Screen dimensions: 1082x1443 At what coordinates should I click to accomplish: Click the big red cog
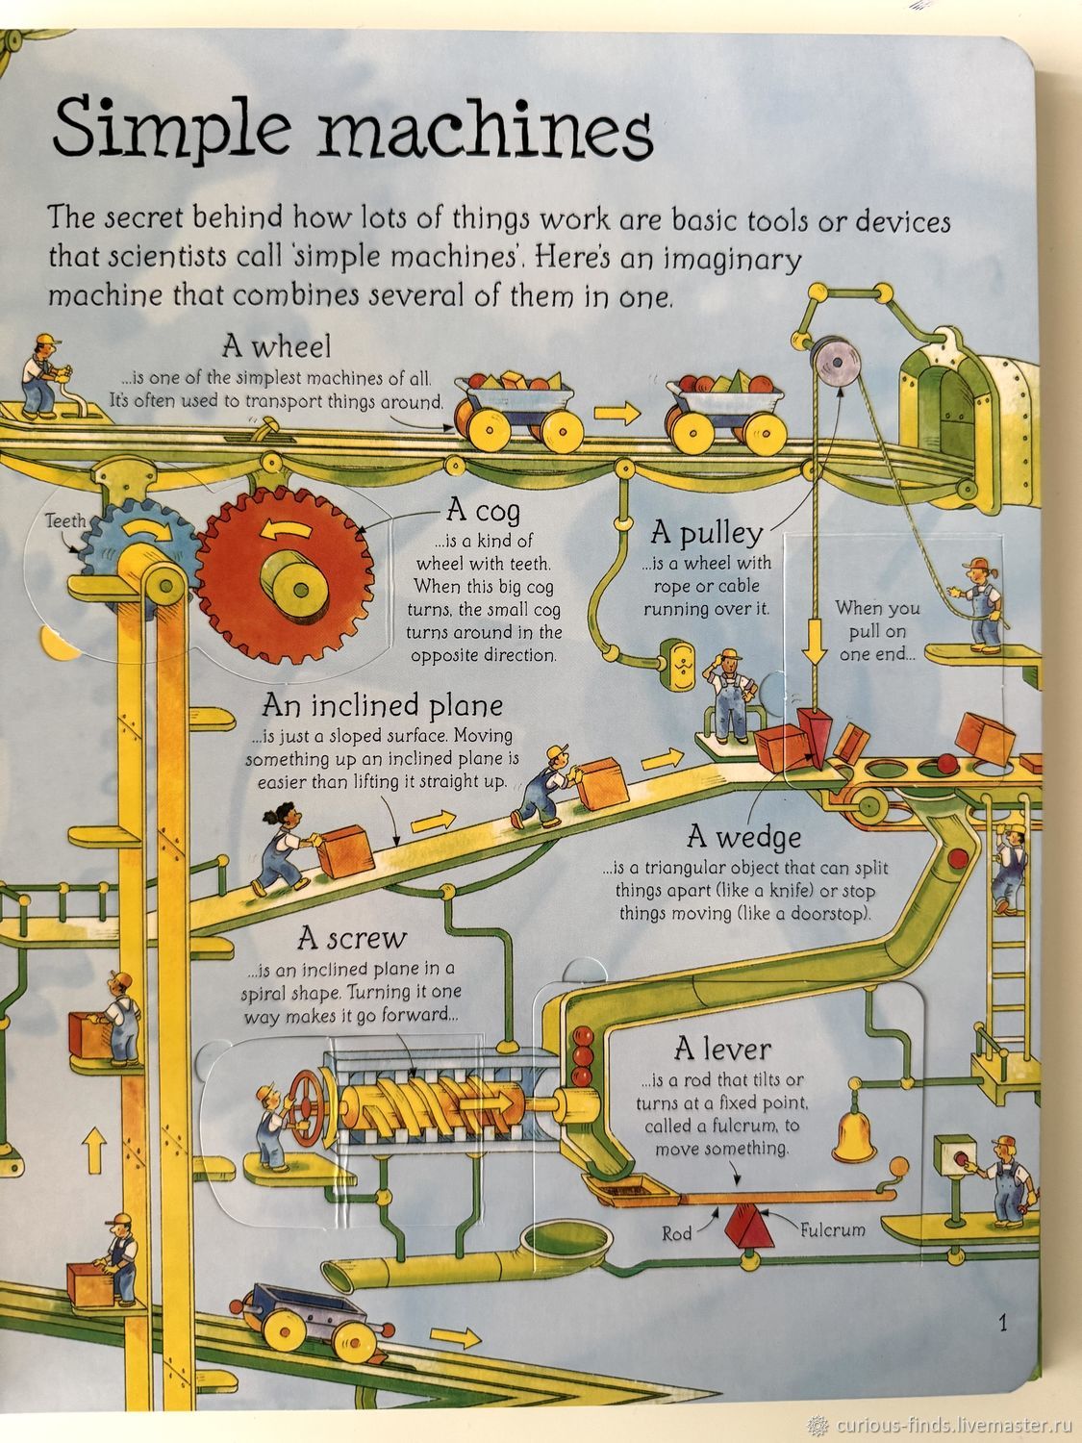pos(285,576)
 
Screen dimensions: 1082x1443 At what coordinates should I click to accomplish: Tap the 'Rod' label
pos(677,1232)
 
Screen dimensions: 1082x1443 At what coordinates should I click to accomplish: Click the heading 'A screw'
pos(352,940)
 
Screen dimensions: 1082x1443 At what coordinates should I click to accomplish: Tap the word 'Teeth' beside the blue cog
pos(65,521)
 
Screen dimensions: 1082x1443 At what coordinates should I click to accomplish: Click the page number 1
pos(1002,1322)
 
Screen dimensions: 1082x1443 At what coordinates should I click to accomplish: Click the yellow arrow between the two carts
pos(616,414)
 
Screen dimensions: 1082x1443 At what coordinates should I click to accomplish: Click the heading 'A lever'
pos(722,1050)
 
